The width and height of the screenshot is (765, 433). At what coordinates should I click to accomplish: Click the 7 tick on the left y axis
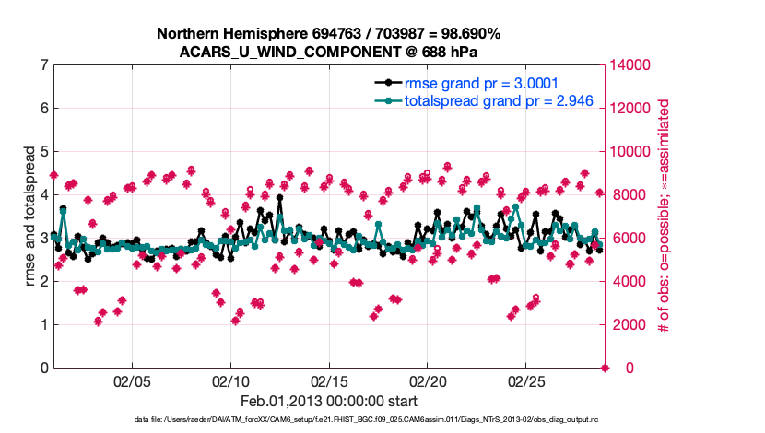pyautogui.click(x=43, y=65)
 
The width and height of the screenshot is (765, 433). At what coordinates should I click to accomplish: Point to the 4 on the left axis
pyautogui.click(x=43, y=195)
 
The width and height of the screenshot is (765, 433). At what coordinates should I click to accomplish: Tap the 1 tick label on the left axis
pyautogui.click(x=43, y=325)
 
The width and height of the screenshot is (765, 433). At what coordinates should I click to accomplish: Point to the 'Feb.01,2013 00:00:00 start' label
pyautogui.click(x=329, y=401)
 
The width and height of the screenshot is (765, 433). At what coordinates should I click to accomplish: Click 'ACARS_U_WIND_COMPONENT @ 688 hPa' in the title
pyautogui.click(x=329, y=51)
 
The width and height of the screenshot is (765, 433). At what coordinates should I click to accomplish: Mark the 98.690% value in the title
pyautogui.click(x=467, y=34)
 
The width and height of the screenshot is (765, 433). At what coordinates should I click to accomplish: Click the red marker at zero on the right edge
pyautogui.click(x=606, y=369)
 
